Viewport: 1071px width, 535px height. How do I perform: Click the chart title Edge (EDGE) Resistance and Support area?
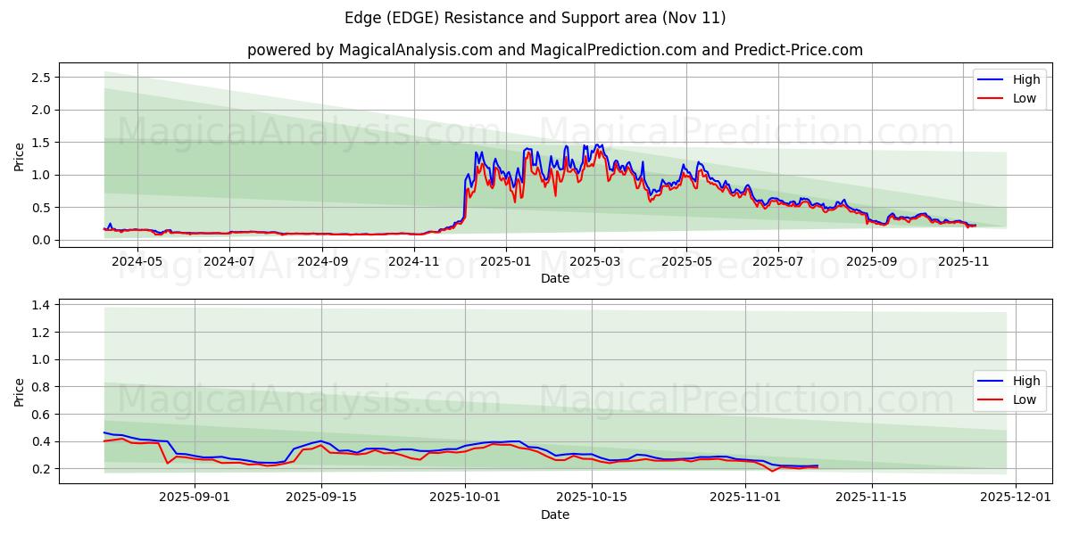click(535, 18)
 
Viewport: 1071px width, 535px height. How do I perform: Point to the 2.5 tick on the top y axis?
click(40, 78)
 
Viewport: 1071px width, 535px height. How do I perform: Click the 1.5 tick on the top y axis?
click(40, 143)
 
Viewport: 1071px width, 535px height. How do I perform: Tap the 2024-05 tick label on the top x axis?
click(138, 261)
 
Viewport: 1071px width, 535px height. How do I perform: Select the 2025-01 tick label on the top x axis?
click(505, 261)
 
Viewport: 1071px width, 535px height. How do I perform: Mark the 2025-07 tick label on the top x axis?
click(777, 261)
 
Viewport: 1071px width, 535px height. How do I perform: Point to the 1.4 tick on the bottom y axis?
click(40, 305)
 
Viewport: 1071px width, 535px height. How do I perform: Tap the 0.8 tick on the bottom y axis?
click(40, 387)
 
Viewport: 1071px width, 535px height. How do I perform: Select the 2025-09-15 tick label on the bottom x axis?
click(320, 498)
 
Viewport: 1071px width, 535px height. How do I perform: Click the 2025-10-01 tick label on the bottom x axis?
click(465, 498)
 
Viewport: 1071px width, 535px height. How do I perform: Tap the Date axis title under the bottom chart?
click(555, 514)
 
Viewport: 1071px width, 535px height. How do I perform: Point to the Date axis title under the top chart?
click(555, 278)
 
